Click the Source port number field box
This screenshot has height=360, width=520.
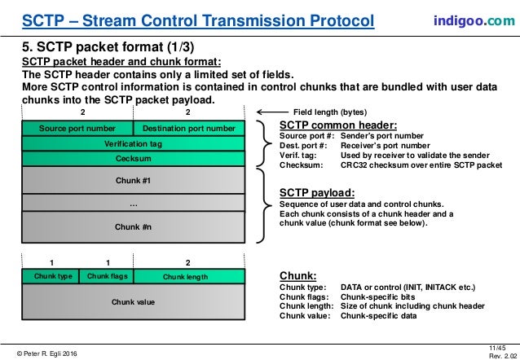78,129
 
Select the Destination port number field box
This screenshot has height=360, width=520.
189,129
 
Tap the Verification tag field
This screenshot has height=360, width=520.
134,143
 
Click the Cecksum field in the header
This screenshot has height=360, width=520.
134,159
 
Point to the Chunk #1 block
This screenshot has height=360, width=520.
134,179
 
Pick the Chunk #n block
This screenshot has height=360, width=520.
134,227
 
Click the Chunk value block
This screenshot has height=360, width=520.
134,302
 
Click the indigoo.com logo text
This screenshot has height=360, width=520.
468,18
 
